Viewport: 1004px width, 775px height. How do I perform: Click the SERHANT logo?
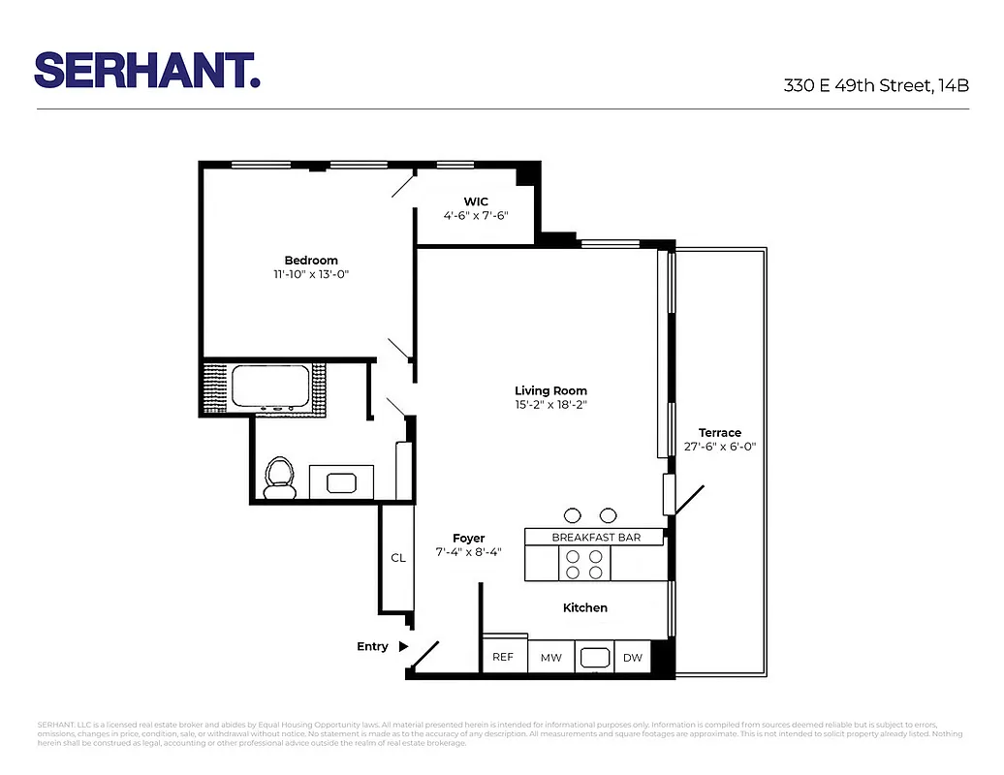pyautogui.click(x=147, y=71)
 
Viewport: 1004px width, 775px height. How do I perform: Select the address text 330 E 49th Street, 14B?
pyautogui.click(x=876, y=85)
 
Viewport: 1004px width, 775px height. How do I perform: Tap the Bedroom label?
pyautogui.click(x=311, y=260)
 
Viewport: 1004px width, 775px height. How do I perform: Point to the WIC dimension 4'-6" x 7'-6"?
pyautogui.click(x=476, y=216)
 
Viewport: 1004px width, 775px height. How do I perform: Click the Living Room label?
pyautogui.click(x=550, y=391)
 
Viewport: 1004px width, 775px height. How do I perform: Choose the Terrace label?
pyautogui.click(x=719, y=433)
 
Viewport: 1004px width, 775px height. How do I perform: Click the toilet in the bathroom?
pyautogui.click(x=280, y=478)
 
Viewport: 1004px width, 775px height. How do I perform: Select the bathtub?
pyautogui.click(x=269, y=387)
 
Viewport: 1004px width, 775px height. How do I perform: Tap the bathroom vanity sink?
pyautogui.click(x=342, y=481)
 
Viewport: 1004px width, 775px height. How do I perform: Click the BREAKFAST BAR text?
pyautogui.click(x=595, y=537)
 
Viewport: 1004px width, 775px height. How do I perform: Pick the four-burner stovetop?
pyautogui.click(x=584, y=564)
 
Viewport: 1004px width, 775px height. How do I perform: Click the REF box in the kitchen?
pyautogui.click(x=503, y=657)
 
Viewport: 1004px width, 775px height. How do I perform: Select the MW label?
pyautogui.click(x=550, y=658)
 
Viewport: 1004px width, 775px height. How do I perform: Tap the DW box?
pyautogui.click(x=632, y=658)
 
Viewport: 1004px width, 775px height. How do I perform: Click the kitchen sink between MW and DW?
pyautogui.click(x=593, y=658)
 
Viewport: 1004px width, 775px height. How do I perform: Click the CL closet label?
pyautogui.click(x=397, y=558)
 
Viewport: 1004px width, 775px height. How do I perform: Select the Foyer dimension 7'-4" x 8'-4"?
pyautogui.click(x=468, y=552)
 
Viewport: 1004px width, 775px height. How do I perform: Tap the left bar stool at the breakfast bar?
pyautogui.click(x=572, y=515)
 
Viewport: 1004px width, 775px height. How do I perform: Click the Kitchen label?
pyautogui.click(x=585, y=607)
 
